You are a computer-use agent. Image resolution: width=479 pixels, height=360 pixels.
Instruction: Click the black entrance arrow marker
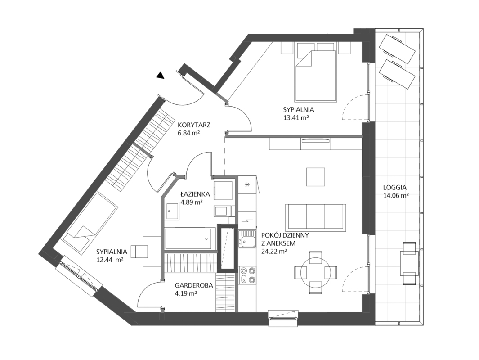tap(161, 76)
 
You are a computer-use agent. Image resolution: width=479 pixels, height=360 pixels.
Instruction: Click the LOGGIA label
tap(395, 188)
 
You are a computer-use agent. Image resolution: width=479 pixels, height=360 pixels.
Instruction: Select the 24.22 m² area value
tap(274, 252)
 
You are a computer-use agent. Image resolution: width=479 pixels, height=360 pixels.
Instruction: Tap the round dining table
tap(316, 273)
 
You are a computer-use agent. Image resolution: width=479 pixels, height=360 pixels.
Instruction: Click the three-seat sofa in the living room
tap(316, 217)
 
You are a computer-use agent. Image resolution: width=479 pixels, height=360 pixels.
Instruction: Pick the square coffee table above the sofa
tap(316, 177)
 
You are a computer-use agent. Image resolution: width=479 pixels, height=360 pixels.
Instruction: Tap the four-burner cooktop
tap(247, 274)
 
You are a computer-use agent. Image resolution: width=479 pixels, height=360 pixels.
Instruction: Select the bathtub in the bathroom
tap(188, 238)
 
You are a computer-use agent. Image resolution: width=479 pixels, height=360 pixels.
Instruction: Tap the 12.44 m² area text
tap(110, 260)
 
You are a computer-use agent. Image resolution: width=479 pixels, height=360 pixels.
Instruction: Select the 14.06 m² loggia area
tap(396, 196)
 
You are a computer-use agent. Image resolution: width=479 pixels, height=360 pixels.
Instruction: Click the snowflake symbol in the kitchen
tap(246, 184)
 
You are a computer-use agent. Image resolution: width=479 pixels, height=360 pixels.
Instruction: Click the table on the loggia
tap(409, 263)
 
